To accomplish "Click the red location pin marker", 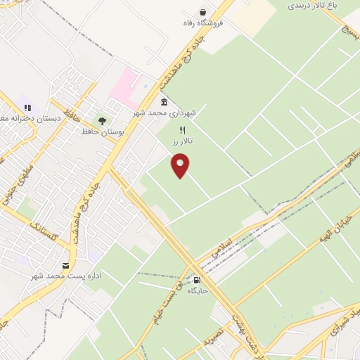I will point(181,166).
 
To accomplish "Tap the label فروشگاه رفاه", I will point(203,22).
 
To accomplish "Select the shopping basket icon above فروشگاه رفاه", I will point(202,12).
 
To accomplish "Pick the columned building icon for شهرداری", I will point(164,102).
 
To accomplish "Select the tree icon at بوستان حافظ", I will point(103,121).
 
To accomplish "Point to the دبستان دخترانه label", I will point(14,118).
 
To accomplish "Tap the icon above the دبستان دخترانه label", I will point(28,108).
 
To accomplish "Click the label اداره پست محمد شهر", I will point(66,276).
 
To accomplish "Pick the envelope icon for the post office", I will point(66,265).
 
